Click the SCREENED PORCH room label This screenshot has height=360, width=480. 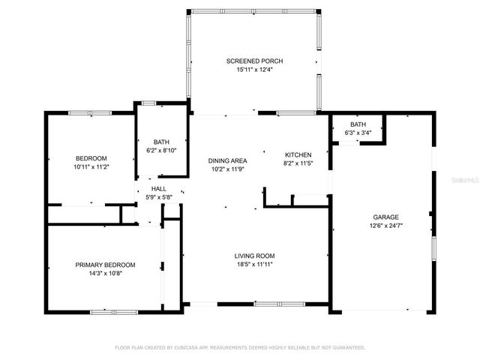click(255, 61)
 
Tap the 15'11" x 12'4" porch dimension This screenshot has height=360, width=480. click(255, 70)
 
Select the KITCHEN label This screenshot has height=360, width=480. click(298, 154)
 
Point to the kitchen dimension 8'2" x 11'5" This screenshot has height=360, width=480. click(298, 163)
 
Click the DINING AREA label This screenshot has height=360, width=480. click(227, 160)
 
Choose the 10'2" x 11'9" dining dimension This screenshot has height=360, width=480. click(227, 169)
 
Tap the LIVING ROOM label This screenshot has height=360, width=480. click(255, 256)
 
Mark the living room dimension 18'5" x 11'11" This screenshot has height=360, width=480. click(255, 265)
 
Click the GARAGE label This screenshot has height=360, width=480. click(381, 217)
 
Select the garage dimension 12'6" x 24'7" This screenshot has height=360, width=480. click(381, 226)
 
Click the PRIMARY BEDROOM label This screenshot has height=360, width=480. click(105, 265)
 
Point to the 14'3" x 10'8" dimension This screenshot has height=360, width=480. click(105, 274)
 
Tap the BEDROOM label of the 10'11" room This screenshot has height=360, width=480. click(91, 157)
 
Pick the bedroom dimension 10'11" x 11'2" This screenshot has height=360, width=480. click(91, 166)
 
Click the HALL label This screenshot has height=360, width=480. click(159, 189)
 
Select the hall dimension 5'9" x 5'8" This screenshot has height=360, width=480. click(159, 197)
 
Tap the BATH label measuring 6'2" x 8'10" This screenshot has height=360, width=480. click(161, 141)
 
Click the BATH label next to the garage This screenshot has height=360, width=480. click(358, 124)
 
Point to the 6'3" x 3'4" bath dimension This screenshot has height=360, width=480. click(358, 133)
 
